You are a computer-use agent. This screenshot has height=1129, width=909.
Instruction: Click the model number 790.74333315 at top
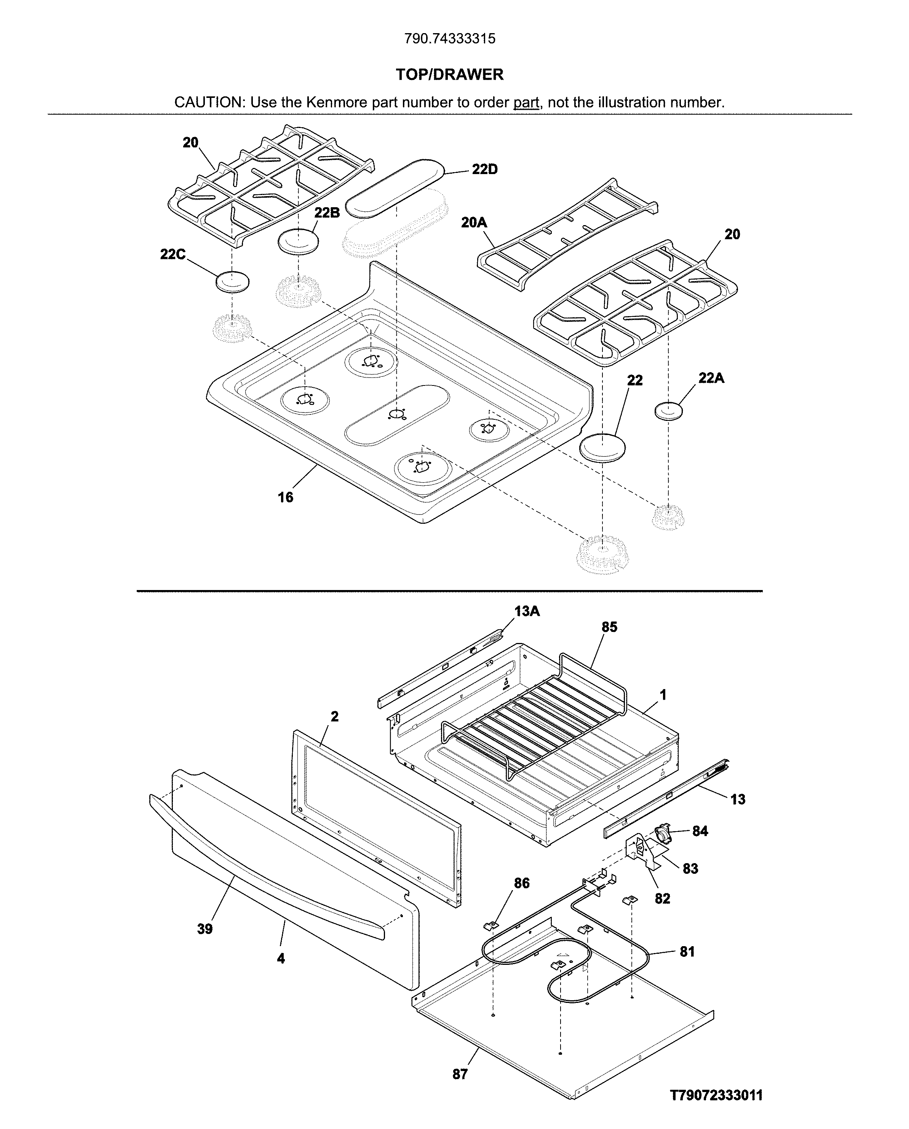point(449,39)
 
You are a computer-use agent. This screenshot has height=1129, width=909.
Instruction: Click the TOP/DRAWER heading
point(449,74)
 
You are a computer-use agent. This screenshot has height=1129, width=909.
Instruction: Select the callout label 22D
point(484,169)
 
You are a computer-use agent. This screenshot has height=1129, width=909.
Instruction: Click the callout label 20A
point(474,222)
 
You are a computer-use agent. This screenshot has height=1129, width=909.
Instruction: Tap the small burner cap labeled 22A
point(669,411)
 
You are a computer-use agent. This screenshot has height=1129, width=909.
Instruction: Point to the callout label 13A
point(527,611)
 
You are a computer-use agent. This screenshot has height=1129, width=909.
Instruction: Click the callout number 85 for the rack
point(609,627)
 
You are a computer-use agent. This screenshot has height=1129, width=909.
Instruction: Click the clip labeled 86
point(490,926)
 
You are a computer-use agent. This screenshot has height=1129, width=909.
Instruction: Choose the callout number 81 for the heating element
point(687,951)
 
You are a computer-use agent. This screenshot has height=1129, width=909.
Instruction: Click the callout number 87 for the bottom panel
point(460,1070)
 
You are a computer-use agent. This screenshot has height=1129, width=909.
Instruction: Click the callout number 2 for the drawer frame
point(335,716)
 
